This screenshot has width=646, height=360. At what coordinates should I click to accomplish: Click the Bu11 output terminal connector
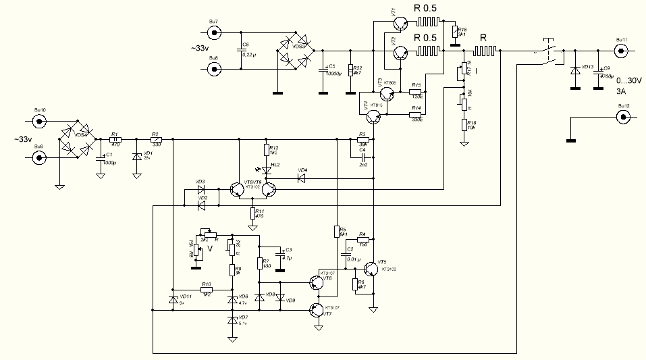click(621, 50)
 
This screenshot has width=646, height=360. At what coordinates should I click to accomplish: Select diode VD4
click(302, 179)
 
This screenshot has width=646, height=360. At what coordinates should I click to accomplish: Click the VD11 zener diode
click(173, 299)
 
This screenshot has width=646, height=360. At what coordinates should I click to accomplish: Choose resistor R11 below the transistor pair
click(252, 214)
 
